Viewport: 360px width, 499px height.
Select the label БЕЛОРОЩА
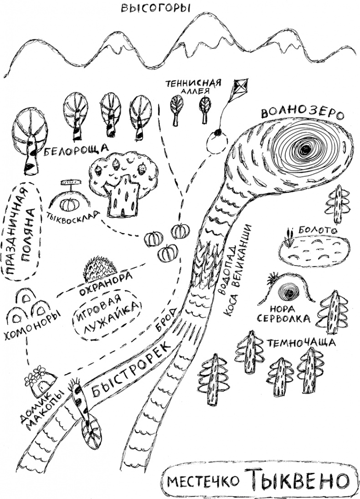coord(76,150)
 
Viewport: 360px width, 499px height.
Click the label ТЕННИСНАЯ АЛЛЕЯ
coord(193,86)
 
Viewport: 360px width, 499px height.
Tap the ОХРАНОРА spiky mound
coord(100,269)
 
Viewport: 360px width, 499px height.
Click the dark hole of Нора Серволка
coord(288,290)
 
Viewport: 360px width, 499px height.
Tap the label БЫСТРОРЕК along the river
coord(131,369)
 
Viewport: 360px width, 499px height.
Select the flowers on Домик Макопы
coord(38,374)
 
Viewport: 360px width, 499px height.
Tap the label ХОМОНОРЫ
coord(33,327)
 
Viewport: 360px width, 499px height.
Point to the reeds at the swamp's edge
coord(288,238)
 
